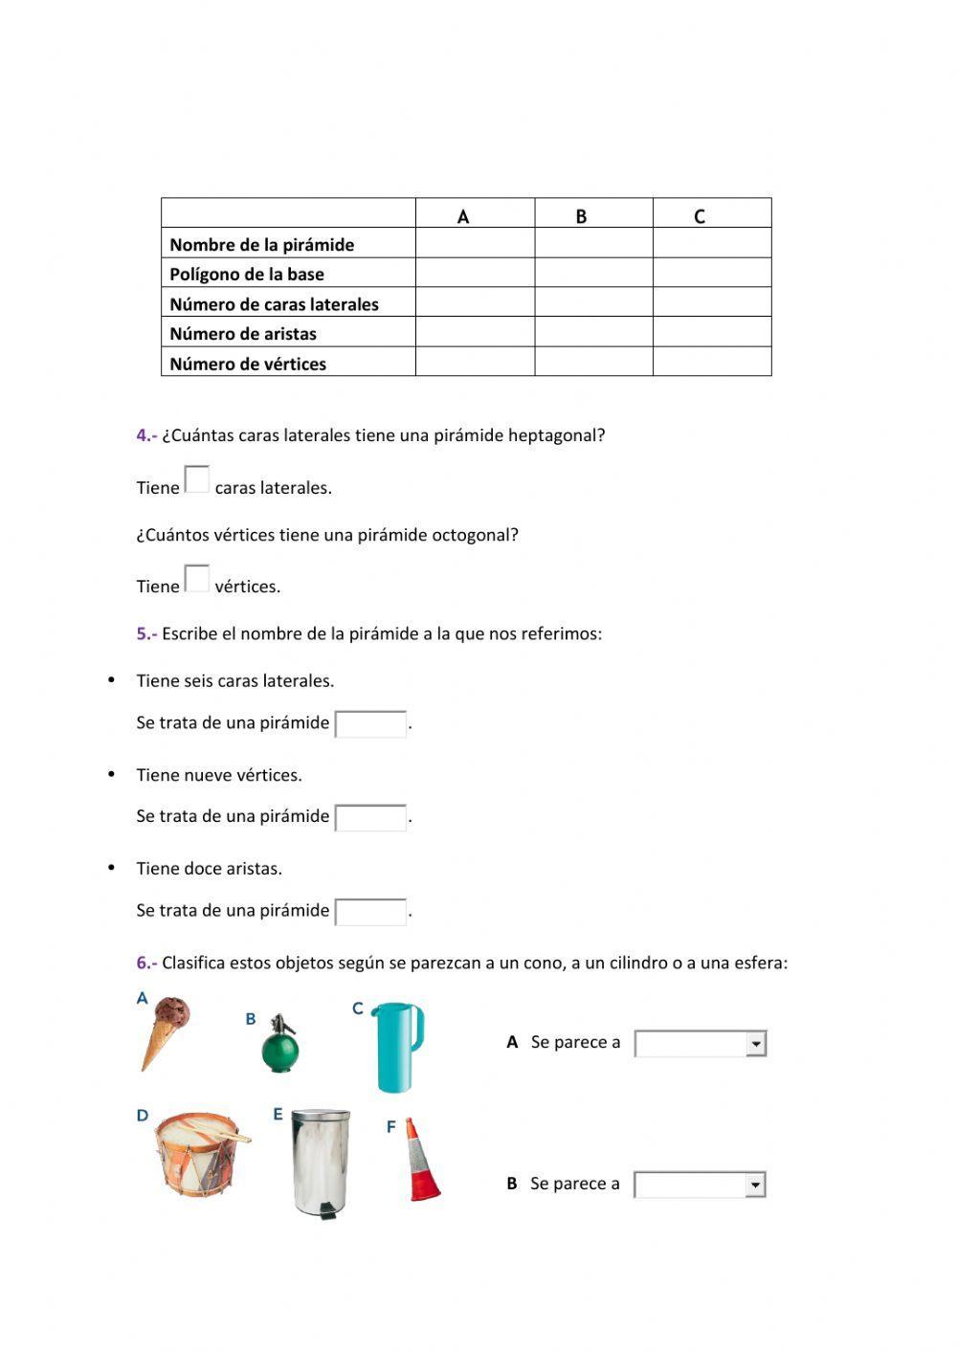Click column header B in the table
581,216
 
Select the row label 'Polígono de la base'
247,275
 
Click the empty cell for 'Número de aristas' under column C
712,333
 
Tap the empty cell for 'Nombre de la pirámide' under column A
475,244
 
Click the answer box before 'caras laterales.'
196,479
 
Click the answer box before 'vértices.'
196,579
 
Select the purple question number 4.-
146,435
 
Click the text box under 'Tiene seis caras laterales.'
370,724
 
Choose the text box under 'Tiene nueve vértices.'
370,818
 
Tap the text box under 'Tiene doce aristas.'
370,912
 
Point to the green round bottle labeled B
280,1047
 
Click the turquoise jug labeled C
395,1046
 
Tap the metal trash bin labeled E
321,1161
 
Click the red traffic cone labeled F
421,1161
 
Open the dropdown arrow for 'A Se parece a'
756,1044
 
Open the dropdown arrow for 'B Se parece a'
755,1186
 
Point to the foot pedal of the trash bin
327,1213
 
